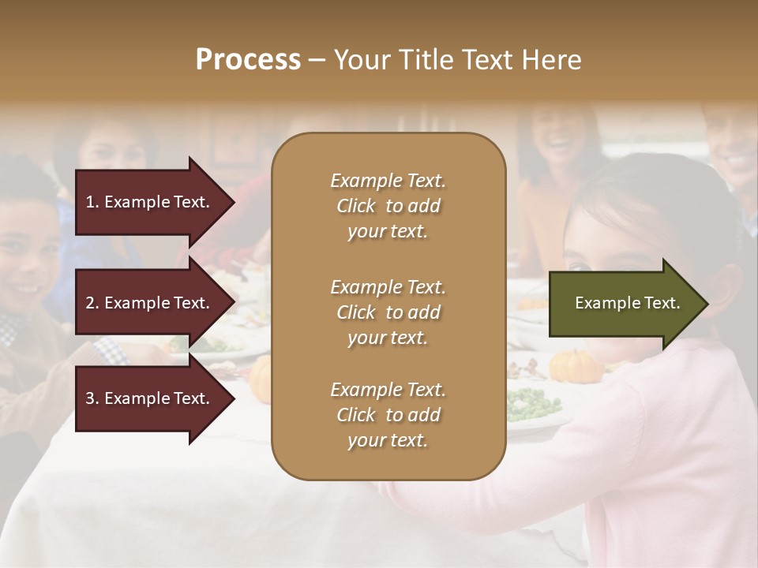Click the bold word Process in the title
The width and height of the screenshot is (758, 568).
click(248, 60)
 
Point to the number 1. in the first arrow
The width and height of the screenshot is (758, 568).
click(92, 202)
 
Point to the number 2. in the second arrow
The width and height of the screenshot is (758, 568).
click(92, 303)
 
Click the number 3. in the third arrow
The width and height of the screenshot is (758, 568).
click(92, 398)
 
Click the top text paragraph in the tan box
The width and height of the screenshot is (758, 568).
click(388, 206)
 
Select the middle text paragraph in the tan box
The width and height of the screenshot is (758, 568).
click(388, 312)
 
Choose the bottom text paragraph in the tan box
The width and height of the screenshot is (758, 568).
click(388, 415)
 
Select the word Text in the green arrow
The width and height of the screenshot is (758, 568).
click(662, 303)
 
